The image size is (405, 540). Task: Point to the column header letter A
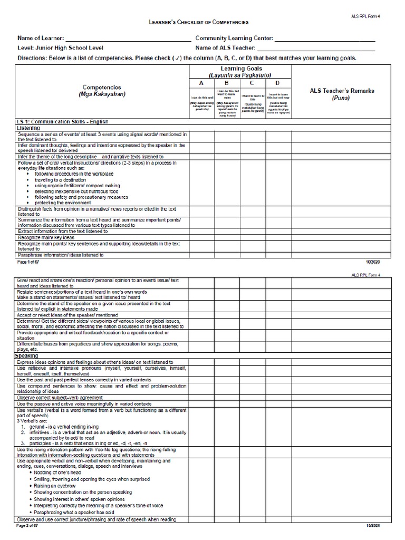pyautogui.click(x=201, y=83)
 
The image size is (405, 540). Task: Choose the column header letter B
pyautogui.click(x=227, y=83)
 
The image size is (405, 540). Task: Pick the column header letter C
pyautogui.click(x=253, y=83)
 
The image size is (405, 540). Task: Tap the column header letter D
pyautogui.click(x=278, y=83)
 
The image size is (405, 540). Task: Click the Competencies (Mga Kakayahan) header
pyautogui.click(x=102, y=90)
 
